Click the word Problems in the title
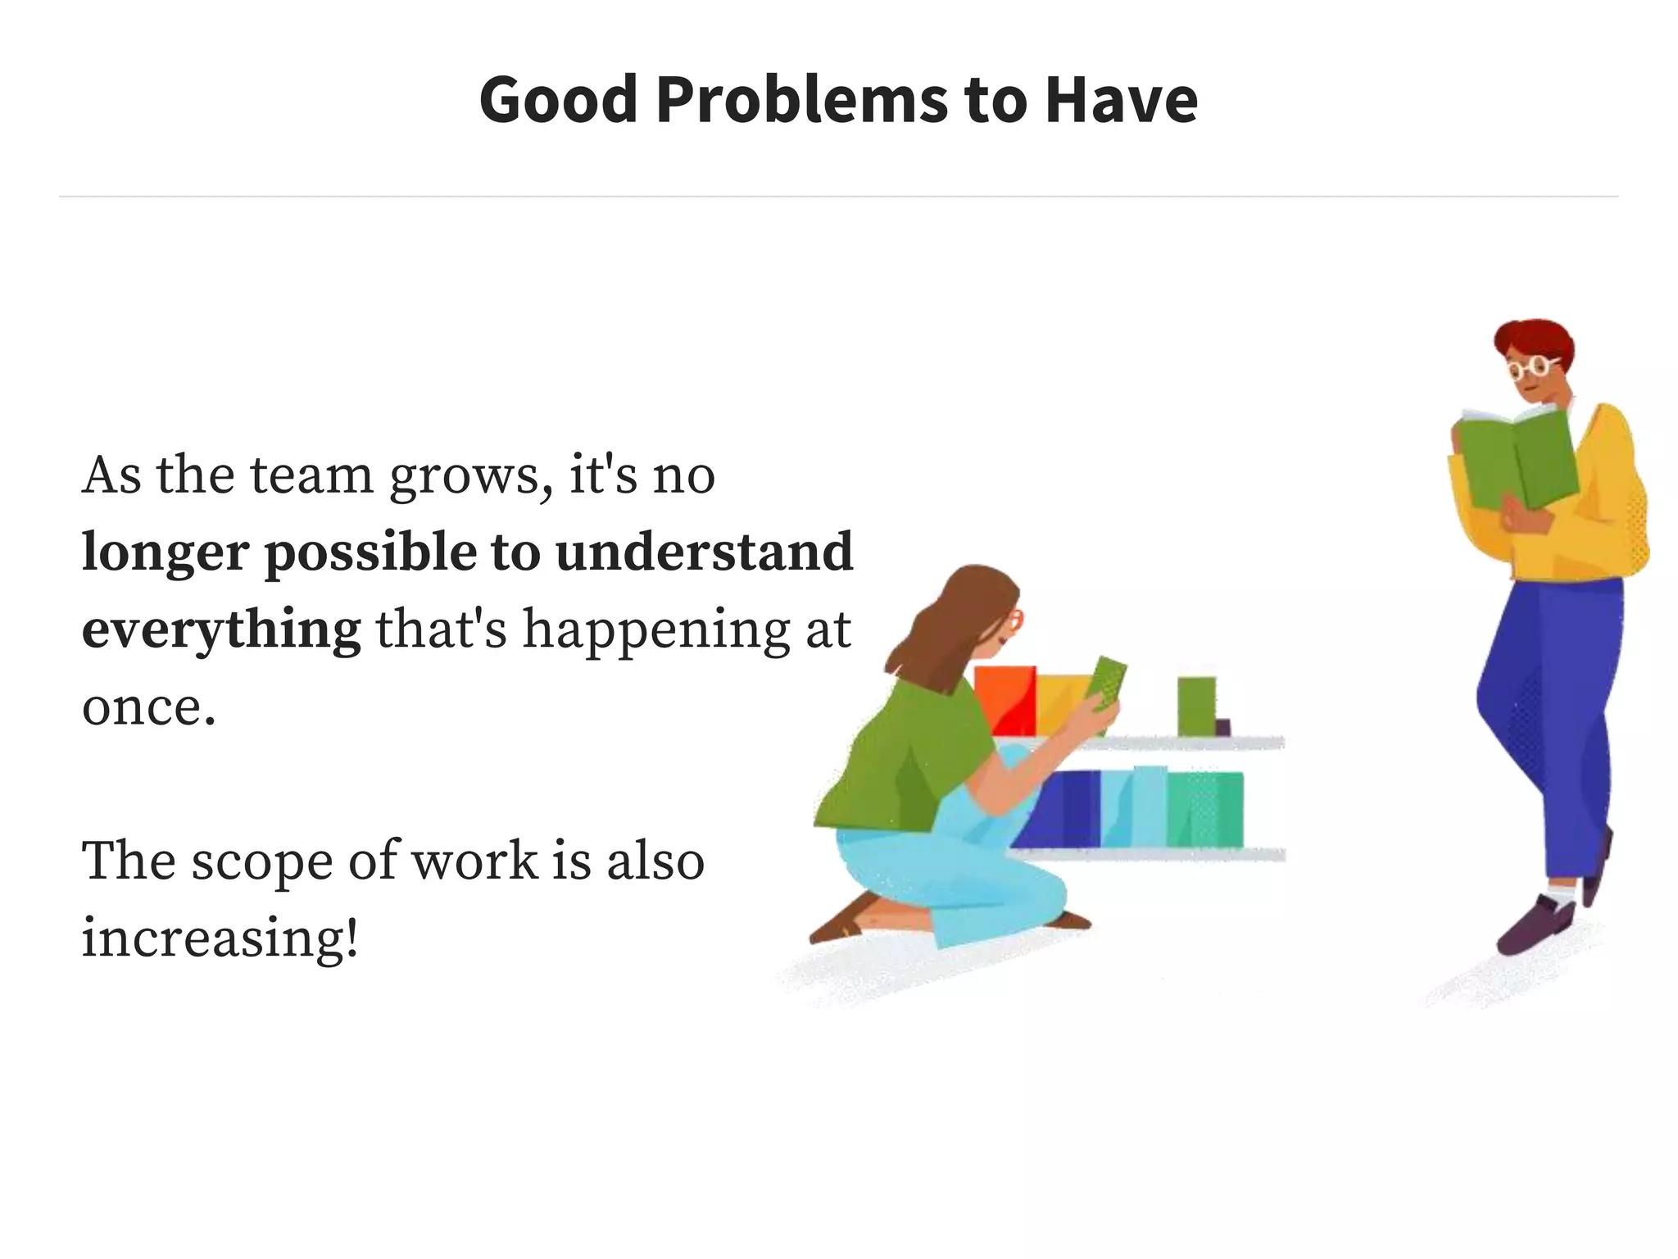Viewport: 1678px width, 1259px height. pyautogui.click(x=801, y=100)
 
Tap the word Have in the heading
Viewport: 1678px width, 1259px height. pyautogui.click(x=1121, y=100)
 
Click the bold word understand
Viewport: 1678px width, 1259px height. pyautogui.click(x=704, y=552)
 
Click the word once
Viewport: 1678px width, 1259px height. pyautogui.click(x=148, y=707)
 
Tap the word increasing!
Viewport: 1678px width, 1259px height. pyautogui.click(x=220, y=938)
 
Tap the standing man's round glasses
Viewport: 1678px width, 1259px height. pyautogui.click(x=1533, y=366)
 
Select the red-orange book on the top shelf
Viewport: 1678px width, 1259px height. pyautogui.click(x=1004, y=700)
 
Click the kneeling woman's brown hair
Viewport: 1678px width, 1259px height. pyautogui.click(x=950, y=623)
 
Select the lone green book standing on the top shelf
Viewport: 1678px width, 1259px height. pyautogui.click(x=1196, y=706)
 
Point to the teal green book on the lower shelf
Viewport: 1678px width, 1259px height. pyautogui.click(x=1204, y=810)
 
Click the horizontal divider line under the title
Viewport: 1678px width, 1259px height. pyautogui.click(x=839, y=197)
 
